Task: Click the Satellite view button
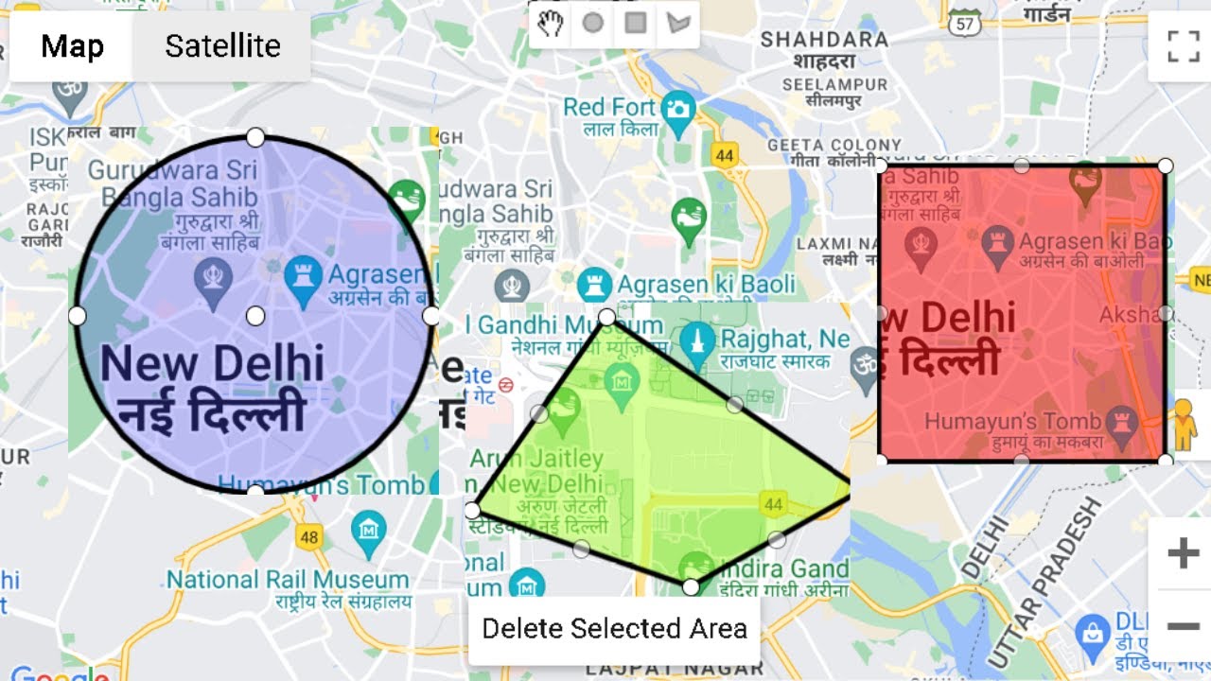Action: (222, 46)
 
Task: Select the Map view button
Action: (72, 46)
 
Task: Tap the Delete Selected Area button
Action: (614, 629)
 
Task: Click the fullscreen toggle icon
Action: (1183, 45)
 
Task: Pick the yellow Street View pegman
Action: (1183, 422)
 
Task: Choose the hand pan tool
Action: (551, 24)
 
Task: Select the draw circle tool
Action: (593, 24)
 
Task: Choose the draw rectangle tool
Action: (636, 24)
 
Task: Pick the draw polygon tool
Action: (677, 24)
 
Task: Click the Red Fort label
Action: (609, 107)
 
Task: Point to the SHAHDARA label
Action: (824, 40)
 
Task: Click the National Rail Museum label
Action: (288, 579)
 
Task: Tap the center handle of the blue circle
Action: (254, 315)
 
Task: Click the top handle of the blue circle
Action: (254, 138)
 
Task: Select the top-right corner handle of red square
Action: (1166, 166)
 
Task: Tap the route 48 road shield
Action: (308, 537)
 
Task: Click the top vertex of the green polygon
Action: (607, 317)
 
